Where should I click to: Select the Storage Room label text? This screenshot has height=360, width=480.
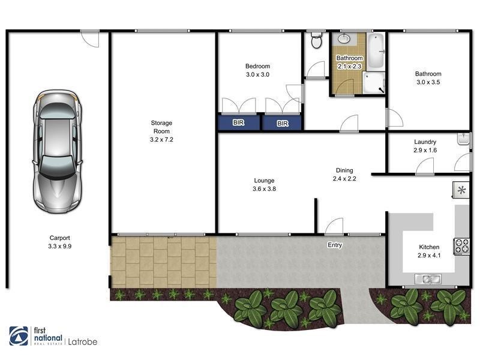coord(161,131)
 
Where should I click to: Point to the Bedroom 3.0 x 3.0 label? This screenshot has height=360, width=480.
coord(257,70)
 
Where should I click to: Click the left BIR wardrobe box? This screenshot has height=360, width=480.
coord(239,123)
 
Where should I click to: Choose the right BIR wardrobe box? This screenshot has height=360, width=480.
coord(282,123)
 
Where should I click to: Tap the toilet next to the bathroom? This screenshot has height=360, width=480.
coord(316,41)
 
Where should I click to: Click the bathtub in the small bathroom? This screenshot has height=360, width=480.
coord(376,52)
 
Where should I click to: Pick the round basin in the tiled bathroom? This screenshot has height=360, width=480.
coord(344,40)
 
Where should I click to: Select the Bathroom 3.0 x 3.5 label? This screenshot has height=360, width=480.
coord(428,78)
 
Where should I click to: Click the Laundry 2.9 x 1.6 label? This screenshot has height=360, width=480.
coord(425,146)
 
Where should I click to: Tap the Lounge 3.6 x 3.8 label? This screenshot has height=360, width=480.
coord(264,184)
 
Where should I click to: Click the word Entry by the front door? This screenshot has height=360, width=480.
coord(335,245)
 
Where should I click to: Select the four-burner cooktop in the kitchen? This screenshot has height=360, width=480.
coord(461,245)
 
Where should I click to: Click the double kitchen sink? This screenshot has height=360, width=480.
coord(428,278)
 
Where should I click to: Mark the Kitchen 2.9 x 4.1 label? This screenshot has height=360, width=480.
coord(429,251)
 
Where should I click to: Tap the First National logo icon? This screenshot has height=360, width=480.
coord(19,337)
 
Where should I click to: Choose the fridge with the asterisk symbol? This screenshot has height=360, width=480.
coord(461,191)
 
